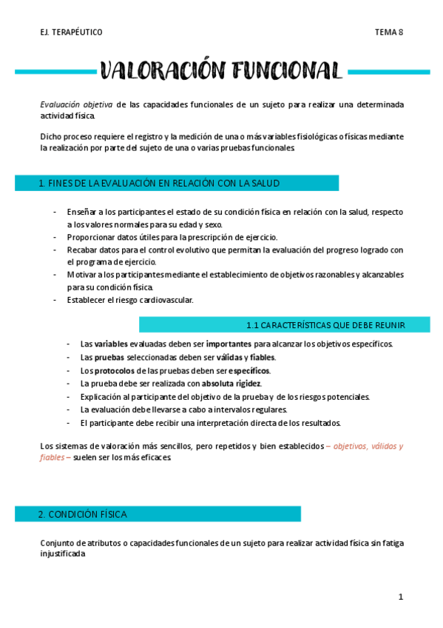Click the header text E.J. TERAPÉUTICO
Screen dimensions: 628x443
(x=72, y=32)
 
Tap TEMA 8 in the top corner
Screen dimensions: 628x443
(x=389, y=32)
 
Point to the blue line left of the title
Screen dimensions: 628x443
(x=56, y=72)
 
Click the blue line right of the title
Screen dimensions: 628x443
(x=389, y=72)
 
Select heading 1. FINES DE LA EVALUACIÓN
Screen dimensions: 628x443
(x=158, y=184)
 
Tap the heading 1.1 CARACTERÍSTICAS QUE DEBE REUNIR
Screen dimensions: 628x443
(x=334, y=324)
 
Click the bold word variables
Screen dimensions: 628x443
(x=111, y=344)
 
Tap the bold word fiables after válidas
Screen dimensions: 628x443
(x=262, y=358)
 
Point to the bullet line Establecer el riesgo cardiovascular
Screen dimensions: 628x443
(x=130, y=300)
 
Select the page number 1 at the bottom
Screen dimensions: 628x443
(x=400, y=597)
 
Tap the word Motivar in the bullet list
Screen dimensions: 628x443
(x=81, y=275)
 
